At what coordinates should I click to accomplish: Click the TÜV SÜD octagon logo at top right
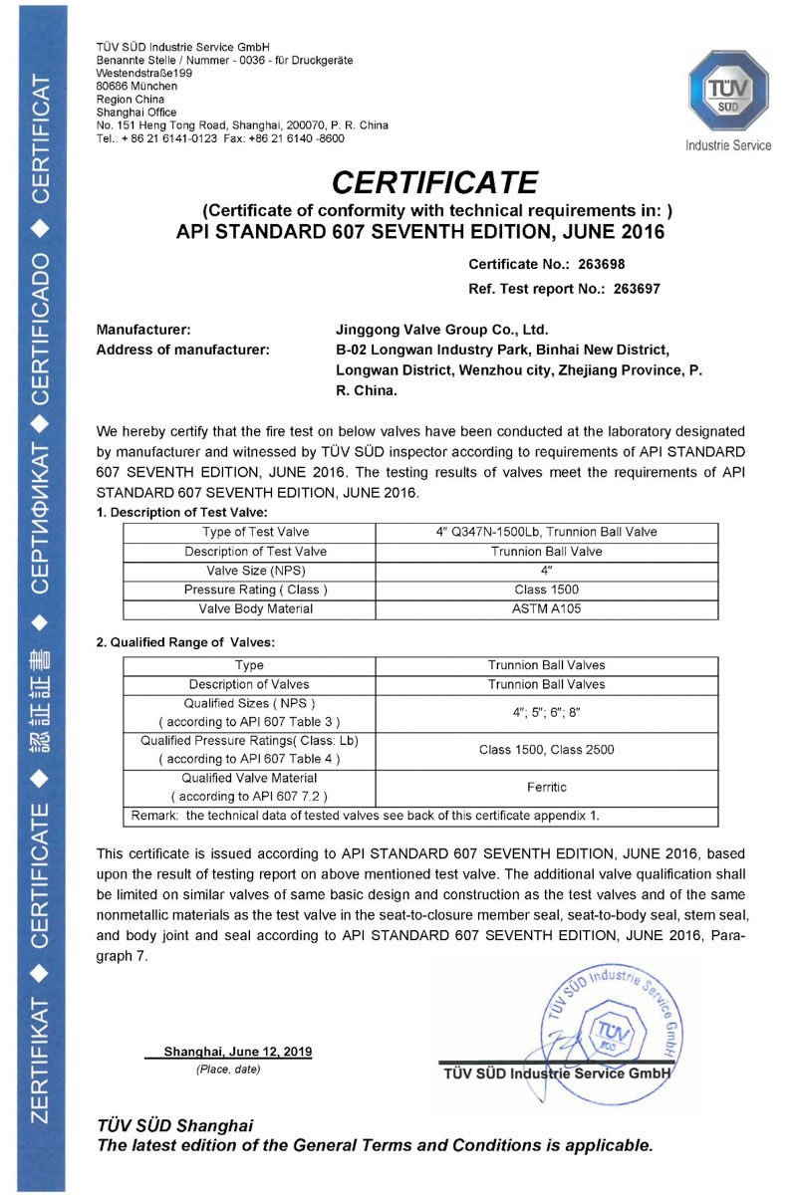click(727, 94)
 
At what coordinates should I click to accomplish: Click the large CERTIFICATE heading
click(434, 182)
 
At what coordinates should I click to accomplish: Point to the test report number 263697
click(627, 289)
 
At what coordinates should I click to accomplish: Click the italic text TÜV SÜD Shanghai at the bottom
click(174, 1126)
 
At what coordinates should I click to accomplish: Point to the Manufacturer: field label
click(143, 330)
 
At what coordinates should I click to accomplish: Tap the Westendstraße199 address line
click(144, 74)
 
